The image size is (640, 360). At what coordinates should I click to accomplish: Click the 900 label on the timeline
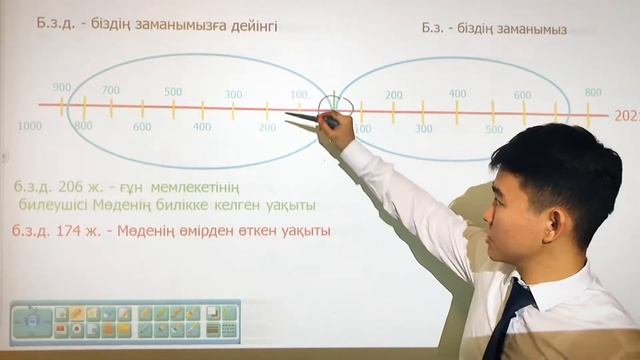pyautogui.click(x=62, y=87)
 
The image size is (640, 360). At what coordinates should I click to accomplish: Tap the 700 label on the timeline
pyautogui.click(x=111, y=91)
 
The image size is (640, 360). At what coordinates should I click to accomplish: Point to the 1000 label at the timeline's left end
pyautogui.click(x=30, y=126)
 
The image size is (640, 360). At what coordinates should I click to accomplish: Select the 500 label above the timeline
pyautogui.click(x=173, y=92)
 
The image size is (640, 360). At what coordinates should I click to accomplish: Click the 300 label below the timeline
pyautogui.click(x=424, y=129)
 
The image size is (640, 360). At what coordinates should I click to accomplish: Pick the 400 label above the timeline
pyautogui.click(x=457, y=94)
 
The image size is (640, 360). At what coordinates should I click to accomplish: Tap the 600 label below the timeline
pyautogui.click(x=142, y=127)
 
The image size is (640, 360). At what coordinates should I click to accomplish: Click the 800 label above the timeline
pyautogui.click(x=593, y=92)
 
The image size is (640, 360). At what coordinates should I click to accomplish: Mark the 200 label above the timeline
pyautogui.click(x=394, y=96)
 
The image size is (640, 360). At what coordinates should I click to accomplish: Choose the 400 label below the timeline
pyautogui.click(x=202, y=127)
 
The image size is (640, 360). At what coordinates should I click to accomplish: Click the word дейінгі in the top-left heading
pyautogui.click(x=252, y=27)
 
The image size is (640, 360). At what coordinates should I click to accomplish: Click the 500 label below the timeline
pyautogui.click(x=494, y=129)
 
